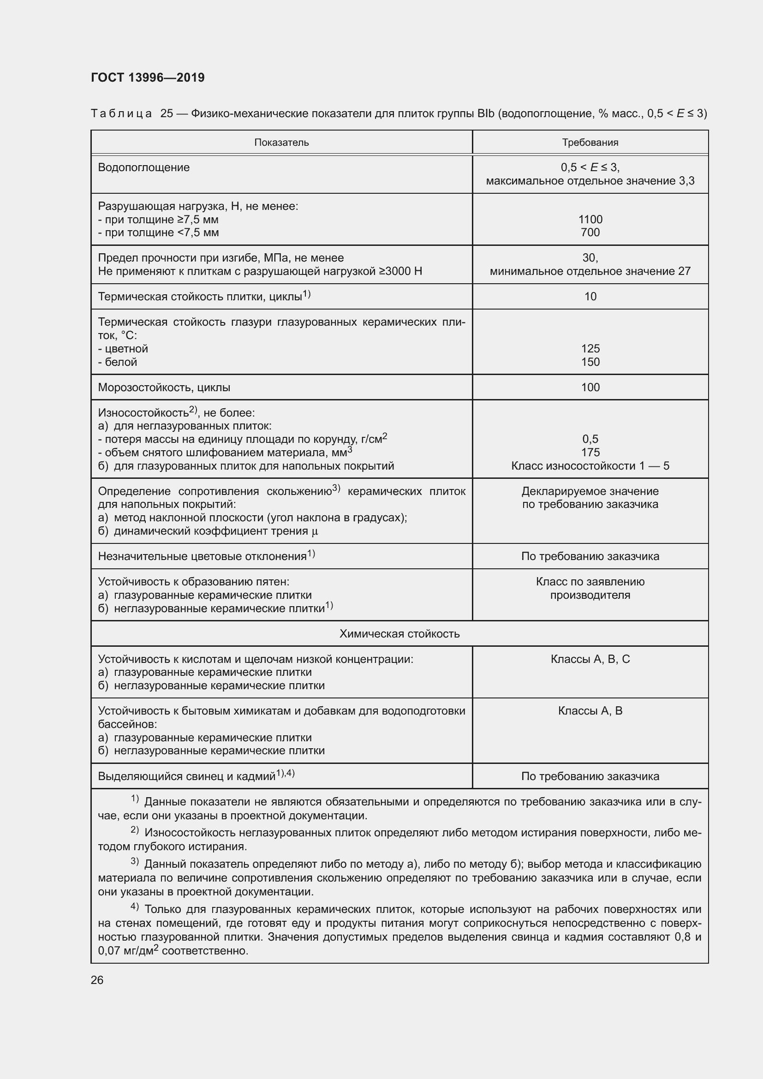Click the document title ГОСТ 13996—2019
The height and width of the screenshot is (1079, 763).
point(148,77)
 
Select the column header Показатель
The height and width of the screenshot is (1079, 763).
point(281,143)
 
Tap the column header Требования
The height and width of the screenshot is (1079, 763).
point(590,143)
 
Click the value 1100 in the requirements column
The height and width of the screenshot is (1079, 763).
point(590,220)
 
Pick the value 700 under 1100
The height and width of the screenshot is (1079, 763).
point(590,232)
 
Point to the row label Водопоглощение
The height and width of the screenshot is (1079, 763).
point(144,168)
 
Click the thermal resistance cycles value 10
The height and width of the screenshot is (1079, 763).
point(590,297)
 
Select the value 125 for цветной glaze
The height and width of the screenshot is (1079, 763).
point(590,349)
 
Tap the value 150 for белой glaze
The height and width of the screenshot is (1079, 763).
point(590,362)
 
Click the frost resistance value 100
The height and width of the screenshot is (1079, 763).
point(590,387)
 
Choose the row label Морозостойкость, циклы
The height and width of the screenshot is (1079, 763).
point(164,387)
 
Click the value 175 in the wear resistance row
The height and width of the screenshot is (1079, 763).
point(590,452)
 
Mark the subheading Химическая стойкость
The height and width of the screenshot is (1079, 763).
point(399,633)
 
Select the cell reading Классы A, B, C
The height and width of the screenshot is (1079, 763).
point(590,659)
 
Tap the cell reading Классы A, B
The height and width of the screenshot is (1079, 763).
point(590,710)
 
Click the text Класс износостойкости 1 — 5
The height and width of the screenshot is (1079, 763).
point(590,466)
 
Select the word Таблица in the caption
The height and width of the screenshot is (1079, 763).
point(121,114)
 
